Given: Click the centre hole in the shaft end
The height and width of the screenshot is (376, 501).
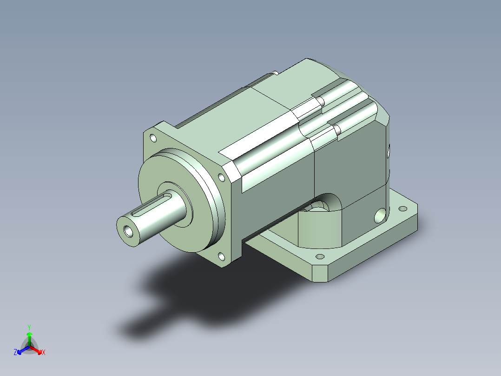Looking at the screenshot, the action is coord(128,231).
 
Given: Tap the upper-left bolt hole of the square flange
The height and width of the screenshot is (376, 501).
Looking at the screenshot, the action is coord(153,138).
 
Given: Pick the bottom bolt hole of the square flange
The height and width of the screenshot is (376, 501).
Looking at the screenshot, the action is coord(221,256).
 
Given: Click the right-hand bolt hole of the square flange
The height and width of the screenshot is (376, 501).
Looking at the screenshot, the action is coord(221,178).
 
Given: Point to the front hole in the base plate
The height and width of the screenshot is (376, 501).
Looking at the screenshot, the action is coord(320,256).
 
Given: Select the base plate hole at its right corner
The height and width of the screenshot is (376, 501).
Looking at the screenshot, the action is coord(403,208).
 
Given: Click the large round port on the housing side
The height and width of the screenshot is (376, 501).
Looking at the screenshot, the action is coord(380,215).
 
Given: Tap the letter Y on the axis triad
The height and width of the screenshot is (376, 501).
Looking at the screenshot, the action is coord(29,327).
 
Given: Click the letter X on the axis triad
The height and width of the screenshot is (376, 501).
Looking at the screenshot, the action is coord(44,352).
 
